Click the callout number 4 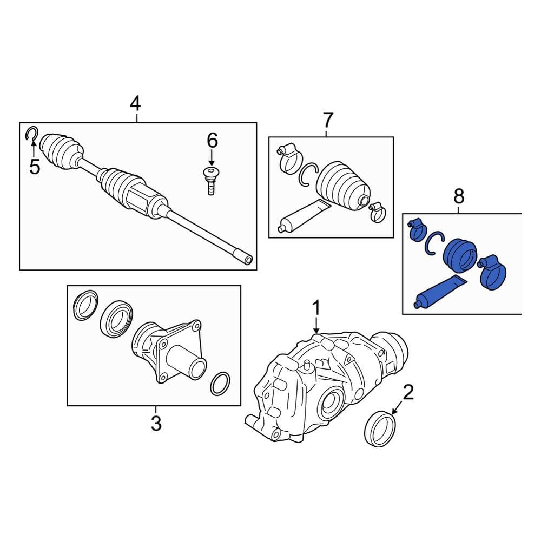(135, 103)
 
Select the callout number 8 (459, 196)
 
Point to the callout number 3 (156, 423)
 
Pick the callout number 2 (408, 392)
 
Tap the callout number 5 (35, 167)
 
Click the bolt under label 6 (210, 181)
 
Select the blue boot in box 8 (459, 254)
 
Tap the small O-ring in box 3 (220, 383)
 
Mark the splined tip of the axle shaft (243, 258)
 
